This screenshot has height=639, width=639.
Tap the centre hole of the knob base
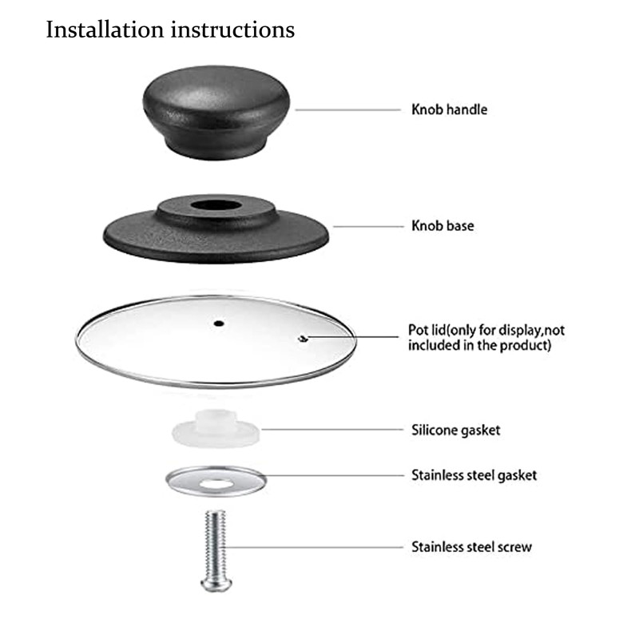[x=216, y=205]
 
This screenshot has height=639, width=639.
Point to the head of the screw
[x=216, y=584]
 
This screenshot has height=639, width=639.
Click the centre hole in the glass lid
[x=218, y=323]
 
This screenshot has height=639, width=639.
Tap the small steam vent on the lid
[x=301, y=338]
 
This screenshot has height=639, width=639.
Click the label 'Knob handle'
[x=449, y=109]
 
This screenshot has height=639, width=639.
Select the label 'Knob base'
[x=443, y=226]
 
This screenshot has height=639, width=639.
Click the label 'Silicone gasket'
[x=455, y=431]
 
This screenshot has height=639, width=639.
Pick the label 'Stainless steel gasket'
[x=474, y=475]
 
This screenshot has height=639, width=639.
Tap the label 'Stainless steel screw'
[x=471, y=547]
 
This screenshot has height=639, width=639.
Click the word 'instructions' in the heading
[x=232, y=30]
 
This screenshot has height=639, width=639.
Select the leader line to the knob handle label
[x=347, y=109]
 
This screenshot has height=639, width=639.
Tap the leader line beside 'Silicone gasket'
[x=331, y=430]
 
